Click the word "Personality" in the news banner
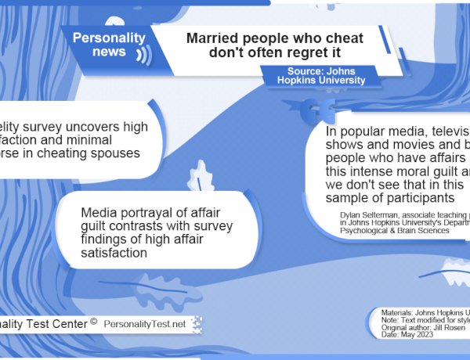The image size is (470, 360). coord(109,38)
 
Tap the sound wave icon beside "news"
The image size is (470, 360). coord(143,55)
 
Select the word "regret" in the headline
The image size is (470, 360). coord(302,52)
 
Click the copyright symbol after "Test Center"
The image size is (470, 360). coord(93,320)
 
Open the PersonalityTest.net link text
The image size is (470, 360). coord(145,323)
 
